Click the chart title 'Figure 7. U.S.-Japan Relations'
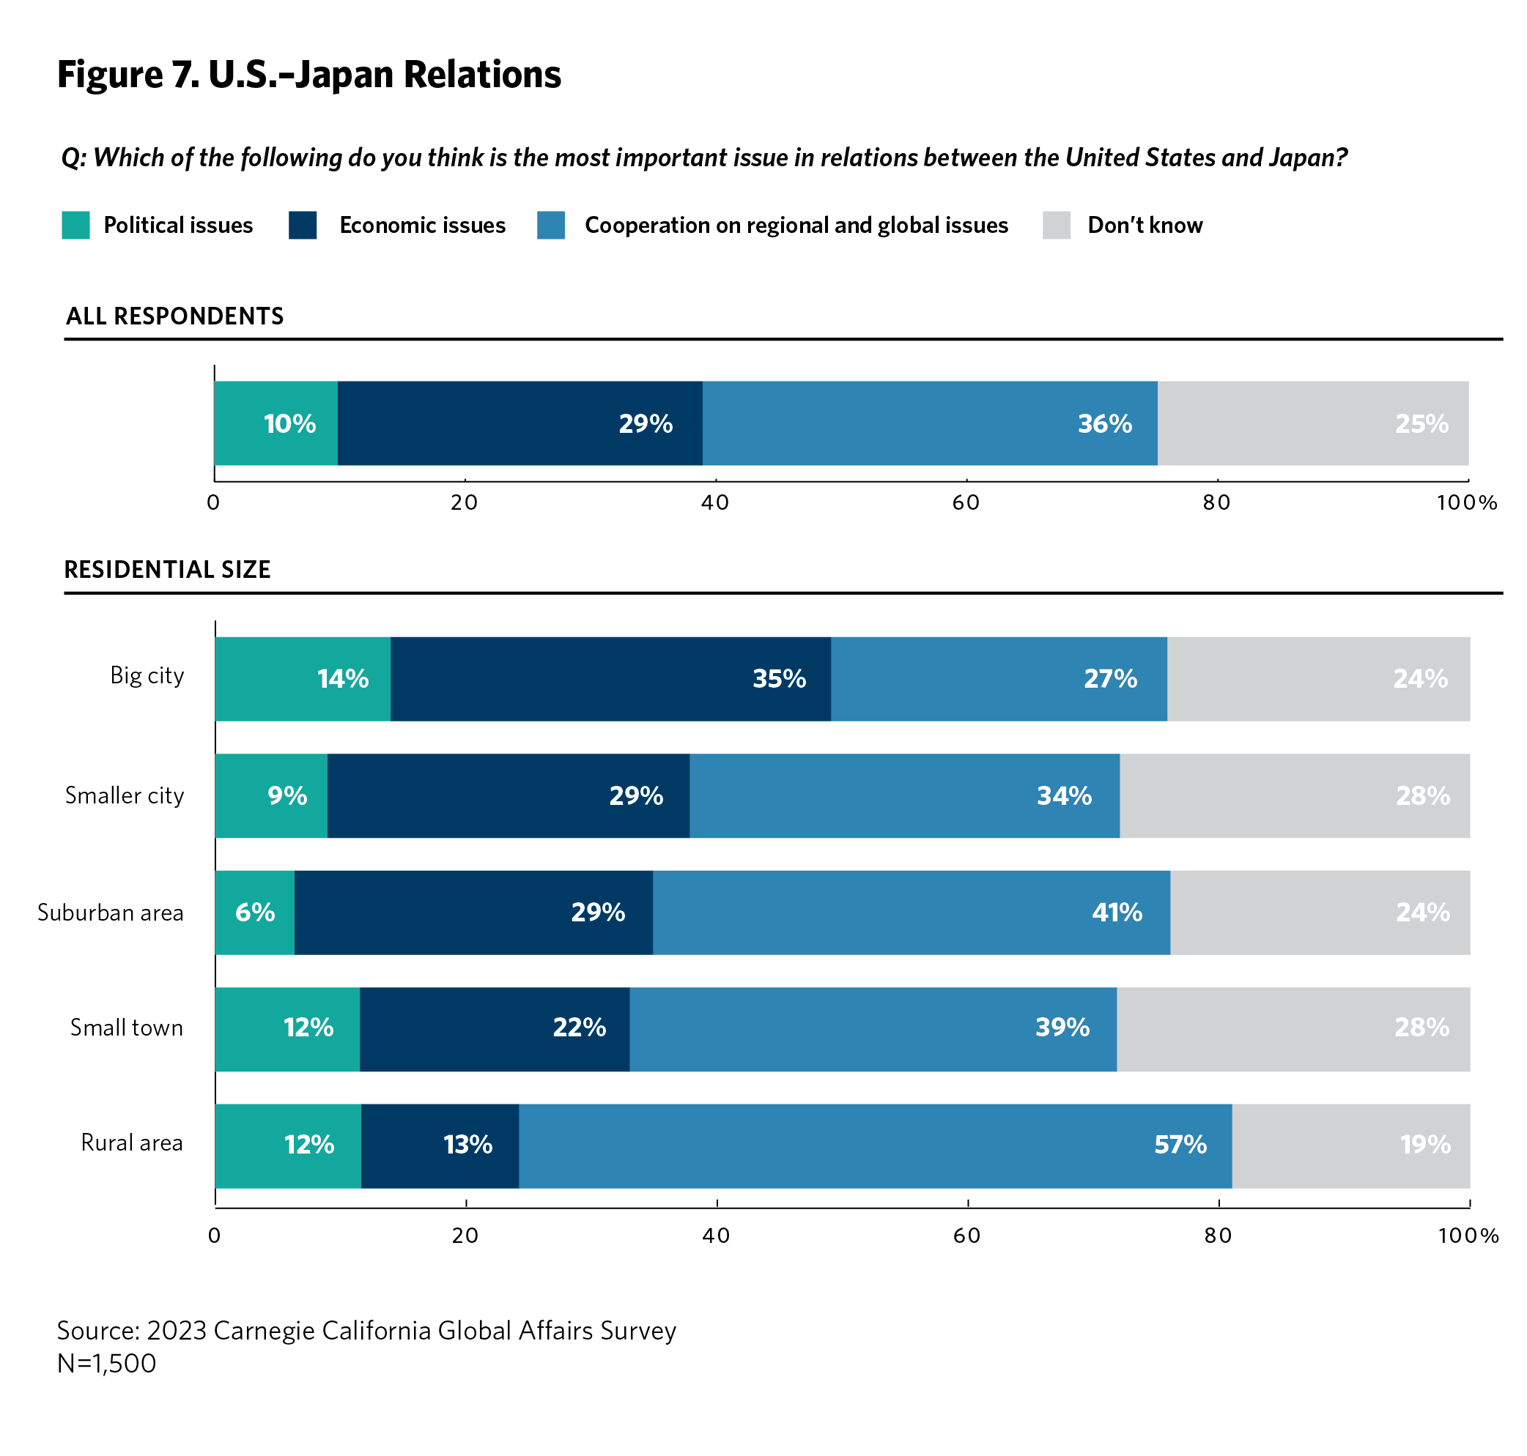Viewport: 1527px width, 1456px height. [309, 75]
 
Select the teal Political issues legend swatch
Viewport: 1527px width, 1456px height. [75, 225]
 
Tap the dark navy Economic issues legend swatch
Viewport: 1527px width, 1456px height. [302, 225]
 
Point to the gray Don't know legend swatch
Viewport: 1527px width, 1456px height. [1056, 225]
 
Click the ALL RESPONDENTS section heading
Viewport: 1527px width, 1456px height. [174, 316]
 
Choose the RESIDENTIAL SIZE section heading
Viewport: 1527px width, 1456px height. [167, 570]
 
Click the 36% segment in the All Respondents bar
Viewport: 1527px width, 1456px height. [929, 423]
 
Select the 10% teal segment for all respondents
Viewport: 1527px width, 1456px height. [276, 423]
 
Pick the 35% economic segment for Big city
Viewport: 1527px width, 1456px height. [610, 679]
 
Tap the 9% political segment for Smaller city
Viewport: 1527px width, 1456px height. [271, 795]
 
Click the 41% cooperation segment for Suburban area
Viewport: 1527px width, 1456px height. [912, 913]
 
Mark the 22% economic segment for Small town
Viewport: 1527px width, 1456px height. [495, 1029]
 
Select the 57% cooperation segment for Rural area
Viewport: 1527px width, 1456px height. [875, 1145]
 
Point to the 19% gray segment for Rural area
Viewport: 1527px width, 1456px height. [1350, 1145]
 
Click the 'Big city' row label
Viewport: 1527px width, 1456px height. [147, 675]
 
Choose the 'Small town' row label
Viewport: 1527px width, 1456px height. [127, 1028]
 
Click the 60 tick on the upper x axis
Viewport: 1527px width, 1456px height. [966, 503]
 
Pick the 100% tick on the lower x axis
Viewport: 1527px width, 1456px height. [1468, 1236]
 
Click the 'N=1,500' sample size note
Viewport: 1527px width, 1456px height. [106, 1364]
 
